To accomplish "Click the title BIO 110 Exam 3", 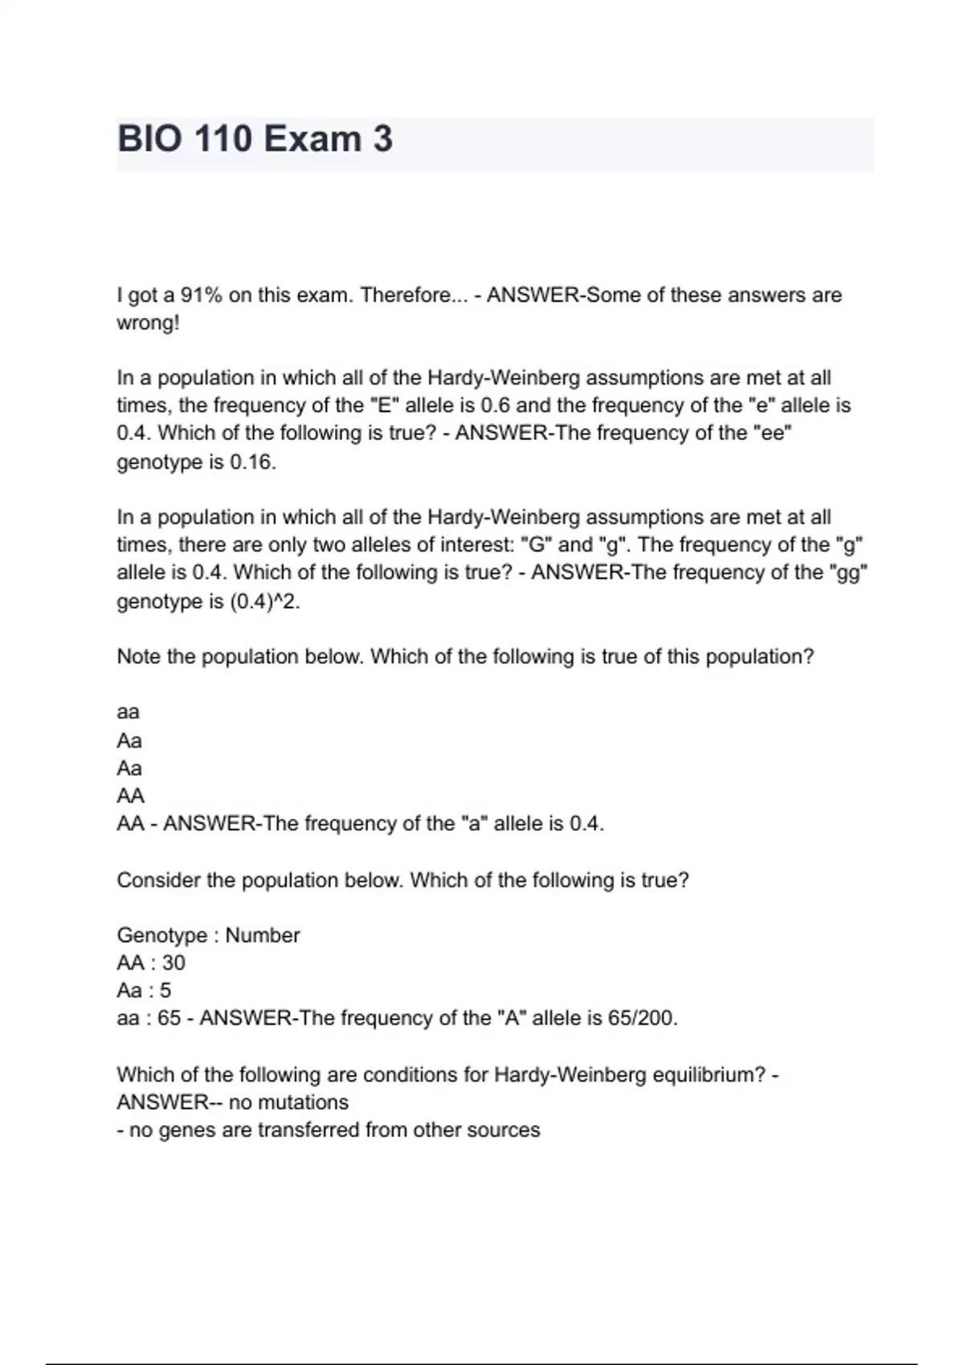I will (255, 140).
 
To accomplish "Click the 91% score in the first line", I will (200, 295).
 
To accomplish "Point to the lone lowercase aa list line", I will (129, 712).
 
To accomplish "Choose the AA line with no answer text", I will (131, 796).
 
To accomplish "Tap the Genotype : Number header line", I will (208, 935).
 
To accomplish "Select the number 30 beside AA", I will (174, 963).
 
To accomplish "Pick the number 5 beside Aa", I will (165, 991).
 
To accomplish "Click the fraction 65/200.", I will (642, 1018).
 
